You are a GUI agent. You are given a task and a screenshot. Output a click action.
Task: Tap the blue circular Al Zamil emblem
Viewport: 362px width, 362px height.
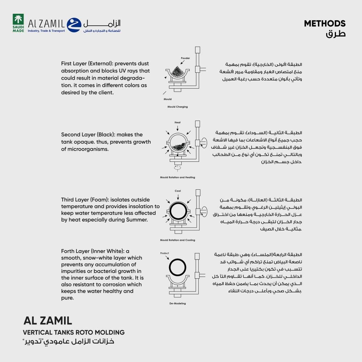point(74,25)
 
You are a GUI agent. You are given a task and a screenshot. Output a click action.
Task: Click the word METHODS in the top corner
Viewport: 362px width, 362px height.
point(325,24)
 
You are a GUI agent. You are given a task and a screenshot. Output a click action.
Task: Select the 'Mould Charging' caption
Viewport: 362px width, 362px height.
point(177,107)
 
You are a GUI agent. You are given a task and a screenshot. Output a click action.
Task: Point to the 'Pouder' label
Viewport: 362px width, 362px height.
point(185,58)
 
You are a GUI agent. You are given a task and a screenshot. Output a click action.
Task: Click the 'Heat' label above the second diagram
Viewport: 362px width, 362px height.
point(177,122)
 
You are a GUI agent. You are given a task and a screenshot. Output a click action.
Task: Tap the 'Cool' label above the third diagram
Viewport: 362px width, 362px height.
point(177,191)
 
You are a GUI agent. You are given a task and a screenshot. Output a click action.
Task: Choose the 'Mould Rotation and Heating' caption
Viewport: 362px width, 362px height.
point(177,177)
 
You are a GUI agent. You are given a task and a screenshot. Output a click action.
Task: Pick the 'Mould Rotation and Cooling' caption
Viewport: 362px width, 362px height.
point(177,240)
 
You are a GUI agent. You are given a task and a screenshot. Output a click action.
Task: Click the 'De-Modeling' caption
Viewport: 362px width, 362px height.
point(177,303)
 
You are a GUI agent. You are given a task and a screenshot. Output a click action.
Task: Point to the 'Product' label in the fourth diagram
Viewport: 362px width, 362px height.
point(165,253)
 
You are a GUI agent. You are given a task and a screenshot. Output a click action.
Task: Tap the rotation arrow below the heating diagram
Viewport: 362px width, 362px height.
point(177,168)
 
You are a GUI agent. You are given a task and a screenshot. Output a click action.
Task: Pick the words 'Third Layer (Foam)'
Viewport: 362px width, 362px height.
point(84,200)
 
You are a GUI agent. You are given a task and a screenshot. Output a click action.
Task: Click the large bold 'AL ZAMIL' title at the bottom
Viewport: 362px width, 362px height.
point(48,321)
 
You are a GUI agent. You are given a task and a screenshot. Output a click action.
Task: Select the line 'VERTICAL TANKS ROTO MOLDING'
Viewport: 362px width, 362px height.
point(74,332)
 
